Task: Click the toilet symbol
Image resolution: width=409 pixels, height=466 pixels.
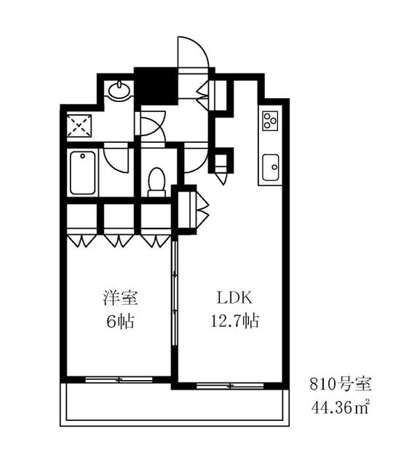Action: coord(156,182)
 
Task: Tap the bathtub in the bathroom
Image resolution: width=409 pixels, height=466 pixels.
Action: coord(83,173)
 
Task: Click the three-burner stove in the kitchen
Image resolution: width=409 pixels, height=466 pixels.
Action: coord(270,121)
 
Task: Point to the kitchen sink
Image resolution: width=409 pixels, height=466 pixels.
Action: coord(271,167)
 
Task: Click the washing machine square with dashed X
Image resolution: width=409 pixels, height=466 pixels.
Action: coord(79,126)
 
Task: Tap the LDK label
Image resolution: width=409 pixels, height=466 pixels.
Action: coord(234,298)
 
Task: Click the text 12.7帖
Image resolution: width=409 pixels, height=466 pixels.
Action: coord(234,321)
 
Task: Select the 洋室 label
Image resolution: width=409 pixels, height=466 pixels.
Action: coord(120,298)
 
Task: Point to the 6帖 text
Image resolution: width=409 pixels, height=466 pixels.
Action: coord(120,321)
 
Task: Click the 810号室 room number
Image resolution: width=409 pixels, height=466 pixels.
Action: coord(341,384)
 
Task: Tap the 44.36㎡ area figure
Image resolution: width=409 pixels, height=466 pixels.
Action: coord(341,407)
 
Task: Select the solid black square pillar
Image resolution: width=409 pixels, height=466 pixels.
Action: coord(156,86)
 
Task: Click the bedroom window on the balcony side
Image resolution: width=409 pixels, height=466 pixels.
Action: coord(119,379)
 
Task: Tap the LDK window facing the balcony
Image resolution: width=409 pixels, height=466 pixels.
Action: coord(230,386)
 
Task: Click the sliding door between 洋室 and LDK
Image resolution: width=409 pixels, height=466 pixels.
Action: coord(175,293)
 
